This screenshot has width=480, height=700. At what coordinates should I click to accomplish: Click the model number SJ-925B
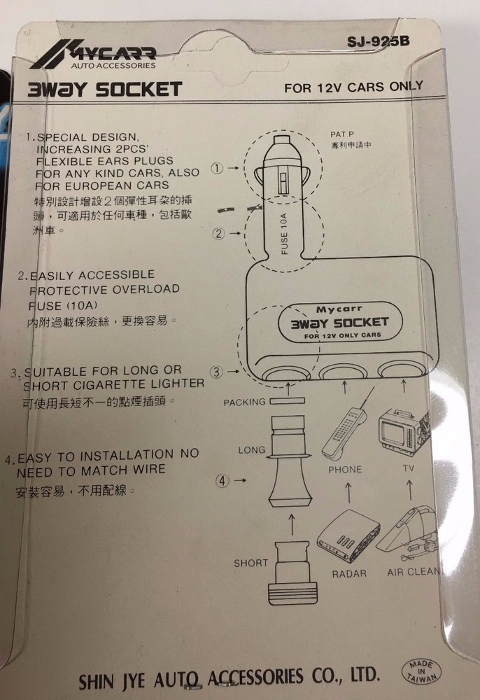pos(379,41)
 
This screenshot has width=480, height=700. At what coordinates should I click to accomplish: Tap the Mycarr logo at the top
pos(94,55)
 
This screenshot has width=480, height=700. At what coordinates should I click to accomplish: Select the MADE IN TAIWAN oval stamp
pos(421,671)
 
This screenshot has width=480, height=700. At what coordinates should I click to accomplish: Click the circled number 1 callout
pos(217,168)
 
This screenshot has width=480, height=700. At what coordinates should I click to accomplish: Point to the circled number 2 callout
pos(218,233)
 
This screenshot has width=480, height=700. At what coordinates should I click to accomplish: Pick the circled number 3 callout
pos(216,372)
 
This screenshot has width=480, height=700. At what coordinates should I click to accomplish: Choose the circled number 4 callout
pos(223,480)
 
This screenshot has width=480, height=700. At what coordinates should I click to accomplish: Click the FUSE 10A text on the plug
pos(284,233)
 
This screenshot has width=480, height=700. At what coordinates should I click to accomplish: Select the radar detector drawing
pos(348,535)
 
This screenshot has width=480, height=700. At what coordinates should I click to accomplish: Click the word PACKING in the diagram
pos(244,402)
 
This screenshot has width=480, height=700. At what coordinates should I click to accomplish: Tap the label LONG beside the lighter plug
pos(252,450)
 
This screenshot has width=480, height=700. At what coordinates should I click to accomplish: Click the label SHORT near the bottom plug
pos(250,563)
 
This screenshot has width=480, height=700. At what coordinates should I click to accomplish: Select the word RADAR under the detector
pos(349,574)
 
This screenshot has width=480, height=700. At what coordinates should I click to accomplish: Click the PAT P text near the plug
pos(342,134)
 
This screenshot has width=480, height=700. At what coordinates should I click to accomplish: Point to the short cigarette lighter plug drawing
pos(292,573)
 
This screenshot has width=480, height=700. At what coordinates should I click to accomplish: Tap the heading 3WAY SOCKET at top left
pos(105,90)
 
